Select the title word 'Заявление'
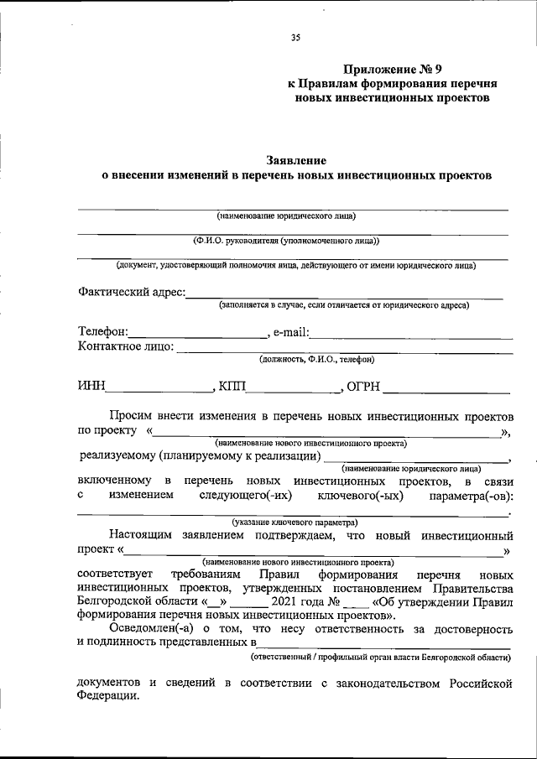click(x=295, y=159)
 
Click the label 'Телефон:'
click(x=103, y=332)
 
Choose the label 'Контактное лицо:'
click(x=125, y=346)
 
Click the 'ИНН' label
click(x=91, y=387)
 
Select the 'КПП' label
click(x=233, y=387)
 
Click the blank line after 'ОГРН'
click(x=447, y=391)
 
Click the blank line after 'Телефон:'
click(x=198, y=336)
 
